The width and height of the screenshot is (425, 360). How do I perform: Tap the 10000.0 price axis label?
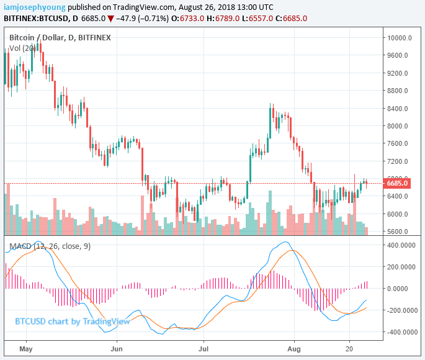click(x=400, y=38)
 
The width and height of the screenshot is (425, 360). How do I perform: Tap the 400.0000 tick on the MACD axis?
click(x=400, y=245)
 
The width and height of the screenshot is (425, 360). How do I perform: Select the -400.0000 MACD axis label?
click(x=399, y=332)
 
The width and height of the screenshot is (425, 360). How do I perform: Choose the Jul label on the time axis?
click(x=202, y=349)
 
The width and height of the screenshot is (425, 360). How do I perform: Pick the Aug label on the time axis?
click(x=292, y=349)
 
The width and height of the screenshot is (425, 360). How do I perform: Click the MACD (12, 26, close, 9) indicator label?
click(x=50, y=246)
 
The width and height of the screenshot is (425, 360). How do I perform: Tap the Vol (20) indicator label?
click(x=22, y=48)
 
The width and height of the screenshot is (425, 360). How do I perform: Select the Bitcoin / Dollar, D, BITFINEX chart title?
click(x=60, y=38)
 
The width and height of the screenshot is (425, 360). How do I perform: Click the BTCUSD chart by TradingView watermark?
click(x=73, y=322)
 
